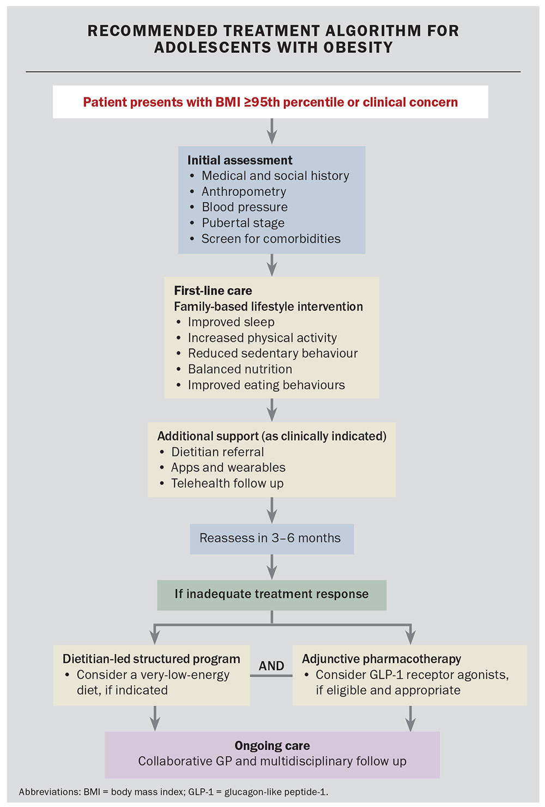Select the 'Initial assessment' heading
pyautogui.click(x=240, y=160)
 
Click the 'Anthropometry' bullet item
pyautogui.click(x=244, y=191)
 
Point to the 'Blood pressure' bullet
pyautogui.click(x=245, y=207)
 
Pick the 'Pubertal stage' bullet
pyautogui.click(x=243, y=223)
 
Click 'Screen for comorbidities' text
pyautogui.click(x=271, y=239)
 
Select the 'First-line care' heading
pyautogui.click(x=213, y=290)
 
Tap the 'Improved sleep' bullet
pyautogui.click(x=231, y=321)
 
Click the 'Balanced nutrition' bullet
pyautogui.click(x=240, y=369)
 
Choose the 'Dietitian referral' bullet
pyautogui.click(x=217, y=452)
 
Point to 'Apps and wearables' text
pyautogui.click(x=228, y=468)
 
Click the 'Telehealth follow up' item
pyautogui.click(x=227, y=483)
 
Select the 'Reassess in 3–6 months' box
pyautogui.click(x=272, y=539)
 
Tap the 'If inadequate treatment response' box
pyautogui.click(x=272, y=595)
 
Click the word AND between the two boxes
pyautogui.click(x=271, y=666)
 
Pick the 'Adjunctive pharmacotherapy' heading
pyautogui.click(x=381, y=659)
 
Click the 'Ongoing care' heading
pyautogui.click(x=272, y=745)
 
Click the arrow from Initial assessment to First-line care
pyautogui.click(x=272, y=265)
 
